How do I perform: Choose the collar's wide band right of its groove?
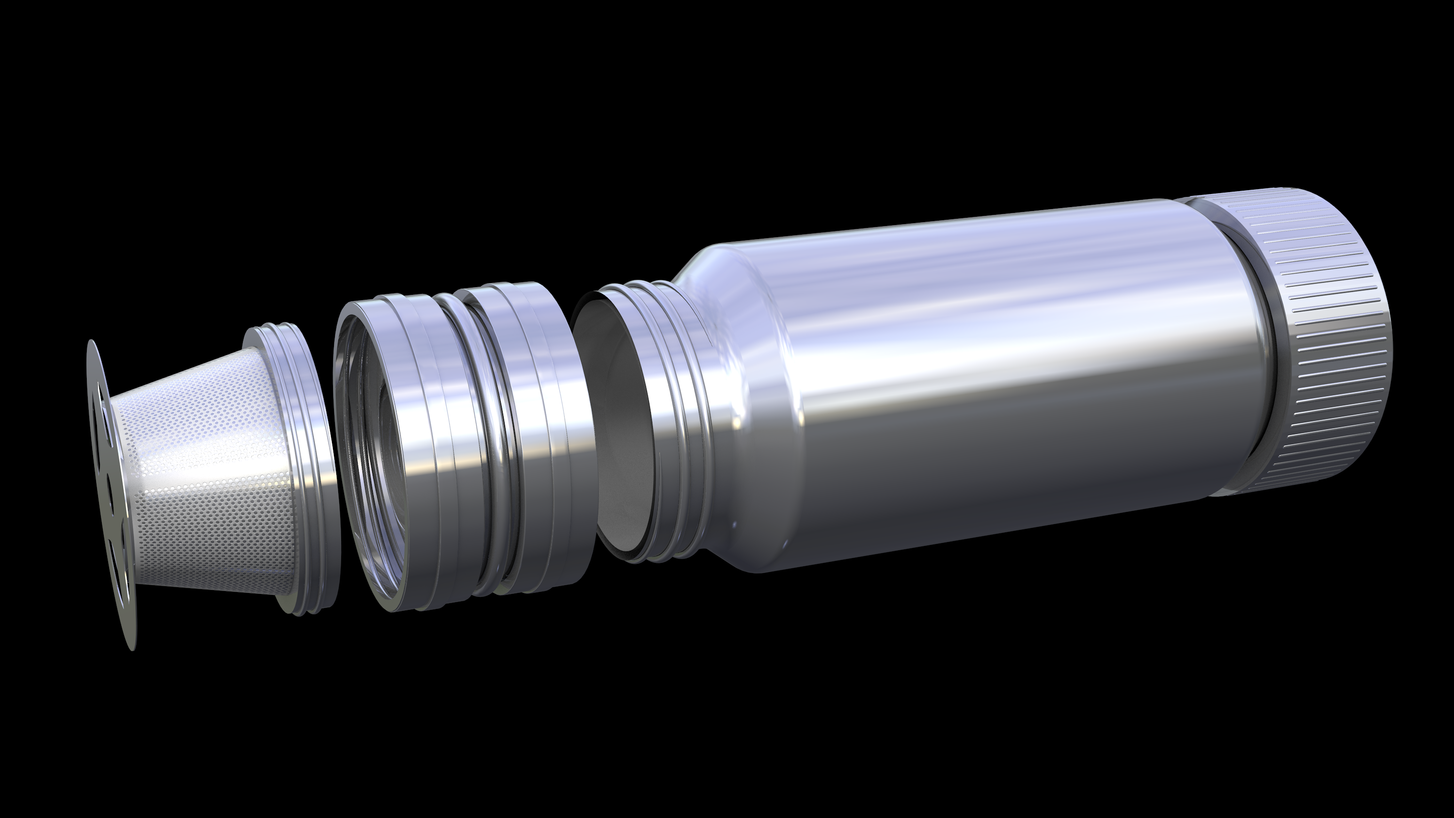542,429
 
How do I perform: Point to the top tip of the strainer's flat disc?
90,343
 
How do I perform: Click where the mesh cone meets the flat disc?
113,480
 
